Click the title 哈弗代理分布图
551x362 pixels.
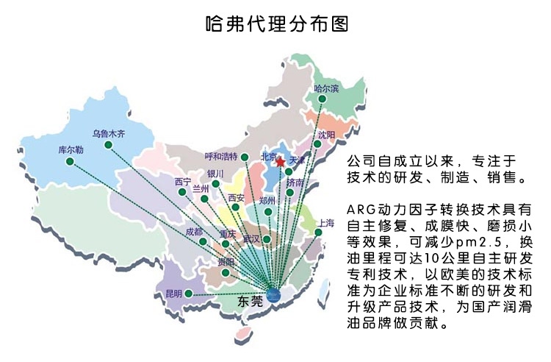[275, 24]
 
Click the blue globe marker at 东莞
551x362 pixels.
[273, 296]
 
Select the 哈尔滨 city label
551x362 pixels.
[326, 89]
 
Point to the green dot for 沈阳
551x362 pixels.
[317, 144]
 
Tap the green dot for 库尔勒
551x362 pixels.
[70, 161]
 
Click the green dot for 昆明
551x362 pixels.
[189, 293]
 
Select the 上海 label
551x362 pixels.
[325, 222]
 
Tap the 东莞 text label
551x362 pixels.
[250, 301]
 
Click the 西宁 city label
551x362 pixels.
[183, 181]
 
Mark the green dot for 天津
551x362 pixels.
[289, 171]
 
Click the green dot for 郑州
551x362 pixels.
[269, 212]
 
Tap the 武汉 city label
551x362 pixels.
[252, 239]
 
